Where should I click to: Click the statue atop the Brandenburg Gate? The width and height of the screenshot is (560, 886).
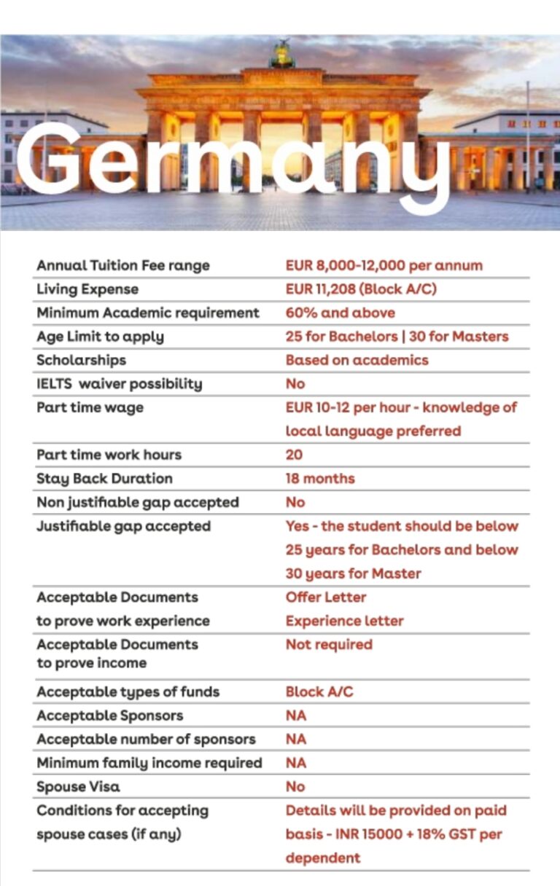coord(282,55)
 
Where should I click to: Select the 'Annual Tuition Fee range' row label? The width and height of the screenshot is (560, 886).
coord(122,266)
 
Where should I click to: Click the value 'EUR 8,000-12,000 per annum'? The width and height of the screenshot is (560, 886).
coord(384,266)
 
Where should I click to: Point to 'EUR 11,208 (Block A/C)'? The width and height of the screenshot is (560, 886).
coord(361,289)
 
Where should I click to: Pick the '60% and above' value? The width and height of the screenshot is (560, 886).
coord(340,313)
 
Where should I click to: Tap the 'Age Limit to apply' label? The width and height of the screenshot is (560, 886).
coord(100,337)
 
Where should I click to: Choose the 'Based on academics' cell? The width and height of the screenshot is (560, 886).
coord(357,360)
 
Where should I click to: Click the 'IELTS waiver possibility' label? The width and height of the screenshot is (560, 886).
coord(119,384)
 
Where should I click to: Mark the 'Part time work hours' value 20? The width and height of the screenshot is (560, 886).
coord(294,455)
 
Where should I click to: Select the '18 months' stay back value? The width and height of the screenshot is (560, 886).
coord(320,479)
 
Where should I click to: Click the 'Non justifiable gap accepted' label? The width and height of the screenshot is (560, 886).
coord(137,502)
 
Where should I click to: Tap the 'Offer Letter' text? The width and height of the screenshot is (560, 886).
coord(325,597)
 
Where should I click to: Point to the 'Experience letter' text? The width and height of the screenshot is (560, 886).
coord(344,621)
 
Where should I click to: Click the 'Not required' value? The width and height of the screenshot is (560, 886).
coord(328,645)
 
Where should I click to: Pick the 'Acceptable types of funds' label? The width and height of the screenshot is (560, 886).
coord(128,691)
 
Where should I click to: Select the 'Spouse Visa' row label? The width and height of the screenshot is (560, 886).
coord(78,786)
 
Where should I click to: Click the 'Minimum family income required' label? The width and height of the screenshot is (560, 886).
coord(149,763)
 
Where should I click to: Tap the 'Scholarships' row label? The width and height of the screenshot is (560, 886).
coord(81,360)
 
